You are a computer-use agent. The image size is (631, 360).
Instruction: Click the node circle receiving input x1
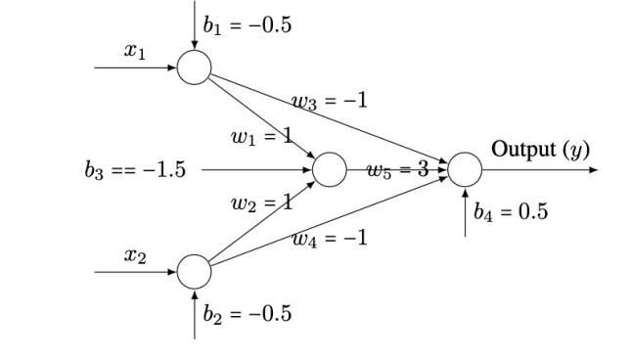(195, 67)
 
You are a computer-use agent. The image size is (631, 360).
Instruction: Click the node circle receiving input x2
(195, 271)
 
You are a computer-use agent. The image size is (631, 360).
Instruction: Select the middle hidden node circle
(330, 170)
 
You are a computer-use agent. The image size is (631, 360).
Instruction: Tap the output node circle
(465, 170)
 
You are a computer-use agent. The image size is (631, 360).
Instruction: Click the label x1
(135, 51)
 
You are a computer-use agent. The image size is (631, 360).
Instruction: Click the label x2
(135, 255)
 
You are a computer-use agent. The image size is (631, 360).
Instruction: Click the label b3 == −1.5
(135, 170)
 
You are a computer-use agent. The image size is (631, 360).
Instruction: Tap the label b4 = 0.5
(511, 212)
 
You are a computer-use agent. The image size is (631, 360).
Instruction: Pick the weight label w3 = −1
(330, 100)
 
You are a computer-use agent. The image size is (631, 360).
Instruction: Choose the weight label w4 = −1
(330, 237)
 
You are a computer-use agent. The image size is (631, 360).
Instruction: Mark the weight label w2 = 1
(261, 203)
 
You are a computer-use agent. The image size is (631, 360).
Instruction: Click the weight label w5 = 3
(397, 170)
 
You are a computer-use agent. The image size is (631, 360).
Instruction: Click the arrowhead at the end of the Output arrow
(593, 170)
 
